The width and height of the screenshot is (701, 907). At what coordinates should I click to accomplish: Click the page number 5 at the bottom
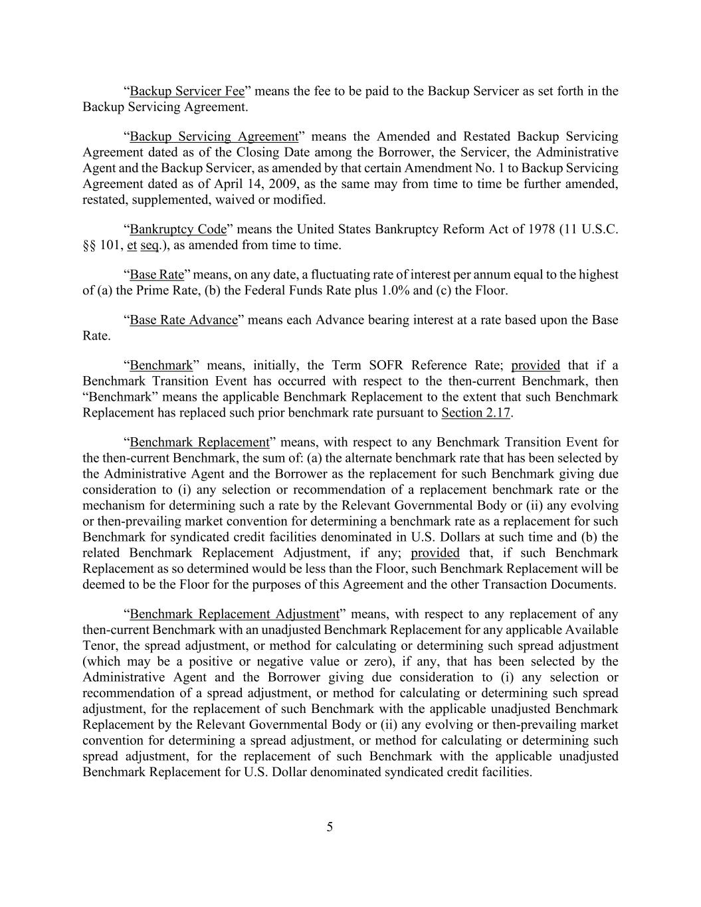330,827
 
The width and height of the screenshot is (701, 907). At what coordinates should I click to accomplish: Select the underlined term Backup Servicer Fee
187,91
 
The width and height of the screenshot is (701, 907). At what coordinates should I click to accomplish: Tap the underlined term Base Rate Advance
183,320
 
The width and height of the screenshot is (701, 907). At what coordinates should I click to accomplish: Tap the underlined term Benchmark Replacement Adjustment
235,614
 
